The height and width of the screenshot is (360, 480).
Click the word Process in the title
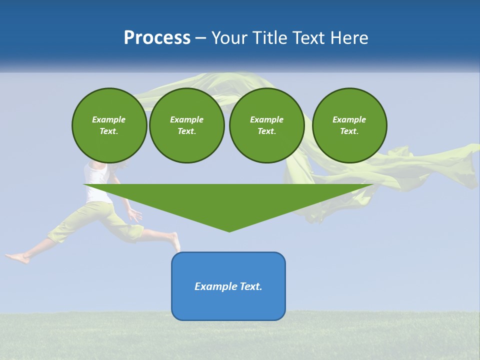[157, 38]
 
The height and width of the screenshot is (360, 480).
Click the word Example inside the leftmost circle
[108, 119]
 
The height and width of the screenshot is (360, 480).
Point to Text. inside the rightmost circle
[349, 131]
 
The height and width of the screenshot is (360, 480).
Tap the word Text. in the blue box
[251, 286]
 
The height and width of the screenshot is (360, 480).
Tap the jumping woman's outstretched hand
[135, 215]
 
